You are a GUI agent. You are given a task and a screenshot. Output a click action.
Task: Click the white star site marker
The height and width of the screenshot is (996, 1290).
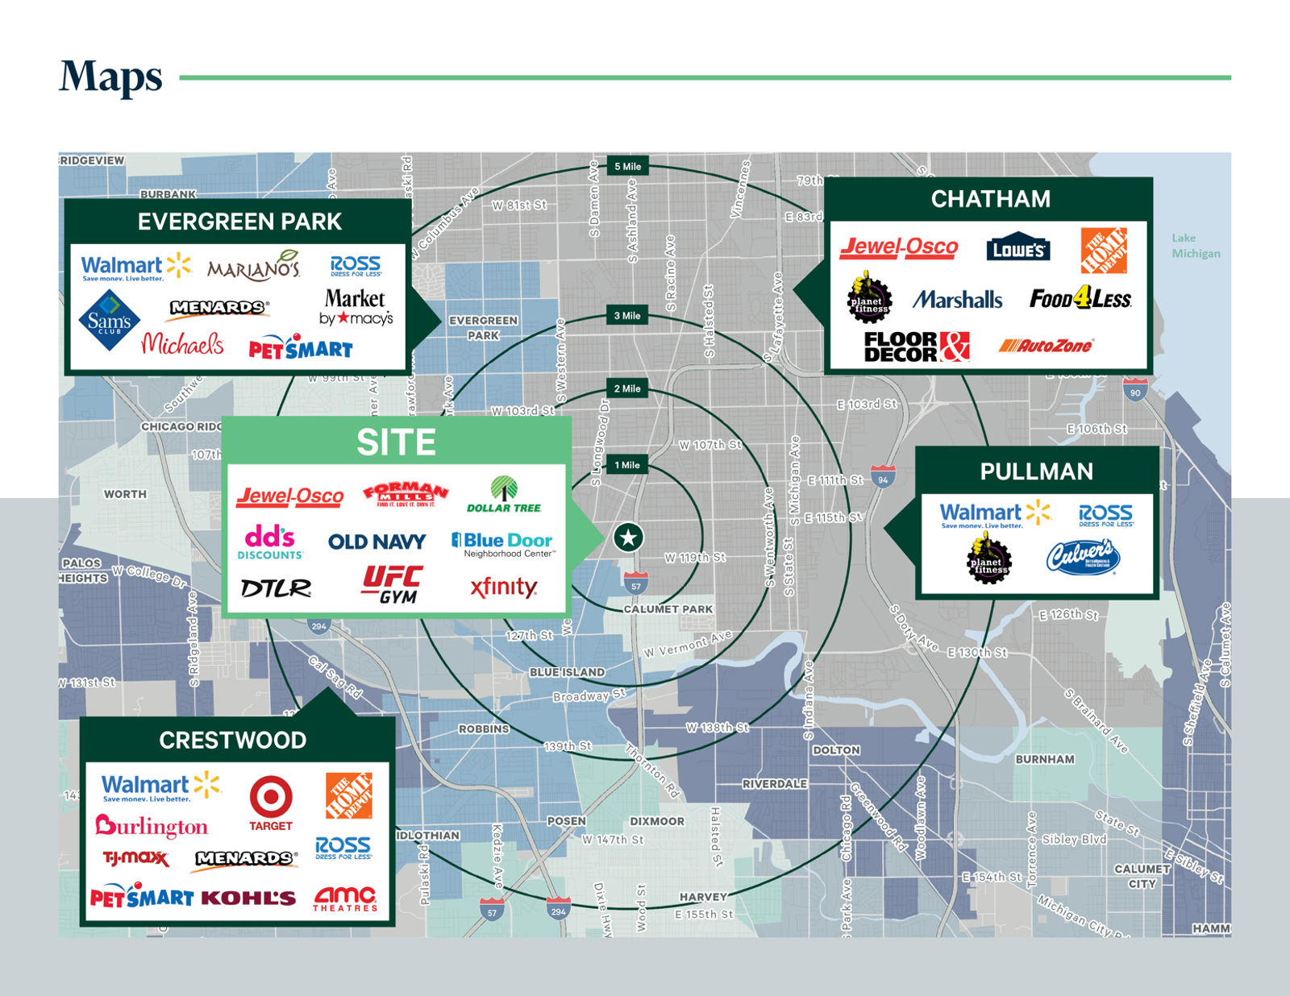pyautogui.click(x=628, y=537)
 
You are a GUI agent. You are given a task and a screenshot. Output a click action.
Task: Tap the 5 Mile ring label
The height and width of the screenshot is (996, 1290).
pyautogui.click(x=627, y=167)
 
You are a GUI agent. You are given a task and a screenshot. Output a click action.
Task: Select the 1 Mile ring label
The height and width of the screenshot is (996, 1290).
pyautogui.click(x=627, y=465)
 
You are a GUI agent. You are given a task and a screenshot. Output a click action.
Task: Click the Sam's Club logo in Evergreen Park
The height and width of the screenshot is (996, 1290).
pyautogui.click(x=109, y=321)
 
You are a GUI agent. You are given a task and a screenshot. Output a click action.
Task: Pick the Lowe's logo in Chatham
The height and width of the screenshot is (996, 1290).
pyautogui.click(x=1018, y=249)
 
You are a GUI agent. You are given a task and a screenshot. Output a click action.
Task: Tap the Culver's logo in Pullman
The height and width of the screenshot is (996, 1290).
pyautogui.click(x=1083, y=558)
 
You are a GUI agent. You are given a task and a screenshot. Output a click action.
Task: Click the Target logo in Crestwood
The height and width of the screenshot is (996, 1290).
pyautogui.click(x=271, y=803)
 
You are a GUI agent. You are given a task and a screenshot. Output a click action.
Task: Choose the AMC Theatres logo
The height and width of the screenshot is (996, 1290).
pyautogui.click(x=345, y=898)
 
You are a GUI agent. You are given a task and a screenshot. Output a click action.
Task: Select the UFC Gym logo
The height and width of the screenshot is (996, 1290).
pyautogui.click(x=393, y=584)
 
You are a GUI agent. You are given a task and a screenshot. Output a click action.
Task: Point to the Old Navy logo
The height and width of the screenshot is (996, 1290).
pyautogui.click(x=377, y=542)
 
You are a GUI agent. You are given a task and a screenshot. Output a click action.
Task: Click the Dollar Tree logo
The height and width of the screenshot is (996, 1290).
pyautogui.click(x=504, y=495)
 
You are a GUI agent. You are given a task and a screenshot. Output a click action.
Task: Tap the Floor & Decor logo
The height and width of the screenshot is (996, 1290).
pyautogui.click(x=917, y=347)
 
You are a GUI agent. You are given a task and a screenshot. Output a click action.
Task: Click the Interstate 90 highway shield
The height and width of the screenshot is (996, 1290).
pyautogui.click(x=1135, y=391)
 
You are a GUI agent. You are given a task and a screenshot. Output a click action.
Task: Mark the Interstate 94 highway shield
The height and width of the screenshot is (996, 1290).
pyautogui.click(x=883, y=477)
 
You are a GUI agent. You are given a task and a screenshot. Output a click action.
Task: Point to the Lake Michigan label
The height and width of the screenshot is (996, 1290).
pyautogui.click(x=1196, y=246)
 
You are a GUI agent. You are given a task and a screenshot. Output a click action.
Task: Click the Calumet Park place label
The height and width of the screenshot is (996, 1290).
pyautogui.click(x=668, y=609)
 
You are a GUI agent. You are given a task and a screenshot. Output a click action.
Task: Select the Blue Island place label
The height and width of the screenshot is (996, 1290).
pyautogui.click(x=567, y=672)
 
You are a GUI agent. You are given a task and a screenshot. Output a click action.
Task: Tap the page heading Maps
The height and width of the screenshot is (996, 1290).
pyautogui.click(x=110, y=77)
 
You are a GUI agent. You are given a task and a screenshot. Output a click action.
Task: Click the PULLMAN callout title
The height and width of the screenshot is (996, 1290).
pyautogui.click(x=1036, y=471)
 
